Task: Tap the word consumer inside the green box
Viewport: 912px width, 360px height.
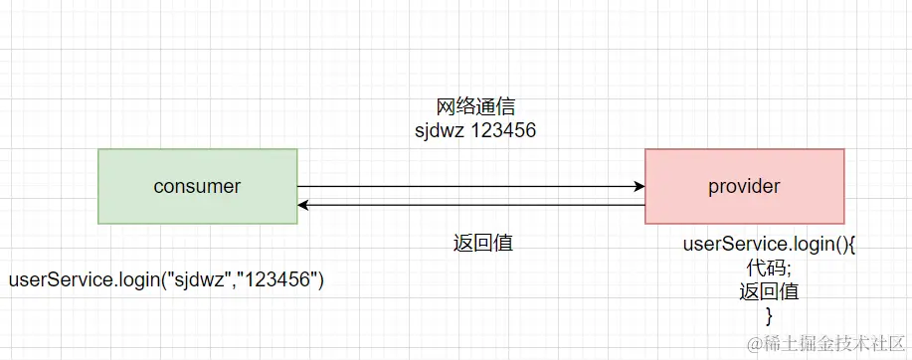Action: pyautogui.click(x=197, y=186)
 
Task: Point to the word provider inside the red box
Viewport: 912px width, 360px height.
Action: pyautogui.click(x=744, y=186)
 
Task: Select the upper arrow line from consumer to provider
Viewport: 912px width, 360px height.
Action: pyautogui.click(x=467, y=186)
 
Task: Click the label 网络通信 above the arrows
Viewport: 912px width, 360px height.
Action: pyautogui.click(x=475, y=106)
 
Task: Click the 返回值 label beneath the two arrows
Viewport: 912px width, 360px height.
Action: pyautogui.click(x=481, y=243)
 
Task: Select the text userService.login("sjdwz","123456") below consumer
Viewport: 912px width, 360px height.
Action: pyautogui.click(x=166, y=280)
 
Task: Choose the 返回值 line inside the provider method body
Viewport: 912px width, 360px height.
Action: pyautogui.click(x=769, y=292)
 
